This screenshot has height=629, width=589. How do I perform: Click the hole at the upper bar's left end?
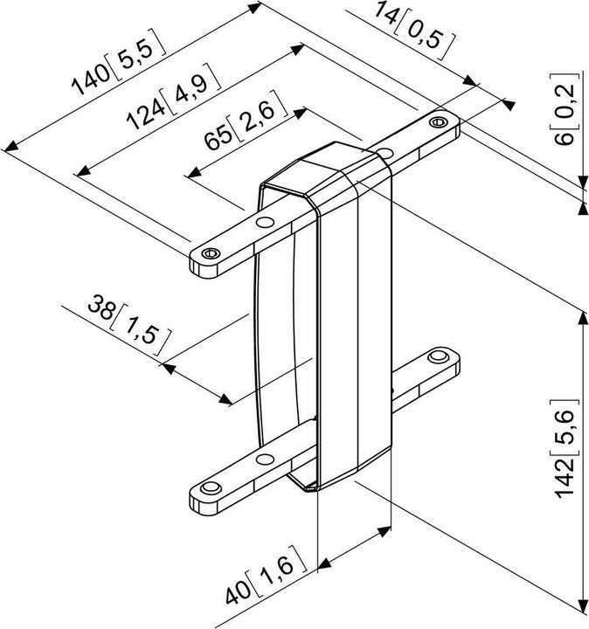(208, 253)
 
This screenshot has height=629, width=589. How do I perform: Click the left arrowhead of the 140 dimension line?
(10, 147)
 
